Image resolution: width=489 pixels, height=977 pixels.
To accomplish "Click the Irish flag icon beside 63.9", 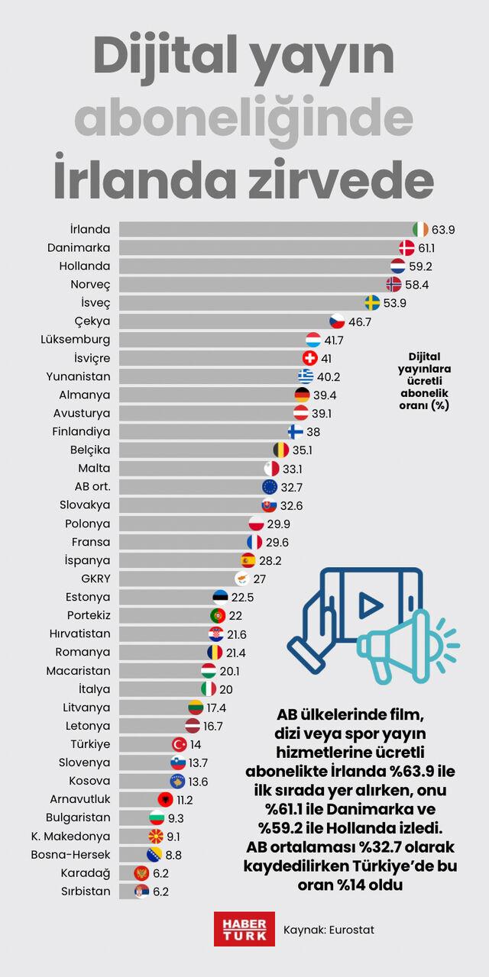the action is tap(420, 230).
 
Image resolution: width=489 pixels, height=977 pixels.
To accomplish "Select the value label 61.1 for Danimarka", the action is tap(426, 248).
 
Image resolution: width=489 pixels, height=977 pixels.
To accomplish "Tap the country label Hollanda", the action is tap(85, 266).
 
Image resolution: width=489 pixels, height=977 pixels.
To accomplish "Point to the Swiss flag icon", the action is tap(309, 358).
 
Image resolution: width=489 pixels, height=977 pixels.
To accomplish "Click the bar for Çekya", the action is tap(225, 321).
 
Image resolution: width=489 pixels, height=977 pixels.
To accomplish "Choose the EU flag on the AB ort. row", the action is tap(270, 487).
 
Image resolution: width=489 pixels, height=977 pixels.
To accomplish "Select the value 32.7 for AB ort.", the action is tap(291, 487).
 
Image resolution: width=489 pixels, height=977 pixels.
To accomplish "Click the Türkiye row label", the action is tap(90, 744).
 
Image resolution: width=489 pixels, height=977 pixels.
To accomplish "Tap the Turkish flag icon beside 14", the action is tap(179, 744).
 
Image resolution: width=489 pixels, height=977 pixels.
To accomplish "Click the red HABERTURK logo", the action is tap(244, 929).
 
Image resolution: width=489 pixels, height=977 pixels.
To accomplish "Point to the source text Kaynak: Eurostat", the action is tap(329, 930).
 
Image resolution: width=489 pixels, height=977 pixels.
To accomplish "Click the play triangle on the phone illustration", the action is tap(370, 605).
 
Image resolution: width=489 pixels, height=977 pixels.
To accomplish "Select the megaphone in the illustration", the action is tap(408, 646).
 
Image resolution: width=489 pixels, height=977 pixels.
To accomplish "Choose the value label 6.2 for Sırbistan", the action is tap(160, 892).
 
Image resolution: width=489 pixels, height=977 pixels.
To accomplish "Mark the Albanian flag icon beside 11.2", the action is tap(166, 799).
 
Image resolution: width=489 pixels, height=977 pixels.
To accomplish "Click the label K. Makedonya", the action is tap(71, 836).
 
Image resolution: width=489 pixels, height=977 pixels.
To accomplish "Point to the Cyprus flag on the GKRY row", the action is tap(242, 579).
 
